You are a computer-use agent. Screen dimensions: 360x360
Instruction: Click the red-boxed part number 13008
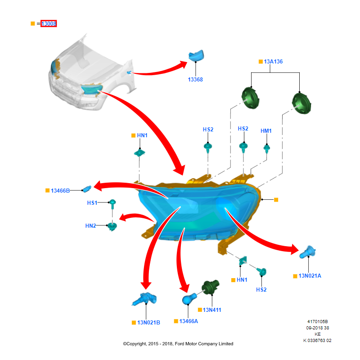[49, 23]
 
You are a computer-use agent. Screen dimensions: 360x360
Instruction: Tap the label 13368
[195, 80]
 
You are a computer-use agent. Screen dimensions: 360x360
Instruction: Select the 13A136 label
[273, 61]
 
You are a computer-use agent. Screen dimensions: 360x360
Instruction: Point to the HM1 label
[266, 131]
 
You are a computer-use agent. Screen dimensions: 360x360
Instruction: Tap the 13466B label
[60, 190]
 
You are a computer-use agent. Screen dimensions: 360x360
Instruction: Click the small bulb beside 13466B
[87, 188]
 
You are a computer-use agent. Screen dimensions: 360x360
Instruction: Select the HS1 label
[92, 203]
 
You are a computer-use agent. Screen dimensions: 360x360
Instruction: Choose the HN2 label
[90, 225]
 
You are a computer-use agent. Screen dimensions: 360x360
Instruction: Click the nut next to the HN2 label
[112, 226]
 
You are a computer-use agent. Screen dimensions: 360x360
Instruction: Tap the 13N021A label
[310, 276]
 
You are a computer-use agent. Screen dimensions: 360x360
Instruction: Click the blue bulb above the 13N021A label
[307, 253]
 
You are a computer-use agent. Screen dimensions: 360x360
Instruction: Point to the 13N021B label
[148, 322]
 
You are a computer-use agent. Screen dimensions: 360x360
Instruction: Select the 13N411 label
[212, 310]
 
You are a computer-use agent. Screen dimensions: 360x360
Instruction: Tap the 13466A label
[189, 321]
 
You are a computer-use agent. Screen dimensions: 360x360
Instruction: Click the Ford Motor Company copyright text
[178, 344]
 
